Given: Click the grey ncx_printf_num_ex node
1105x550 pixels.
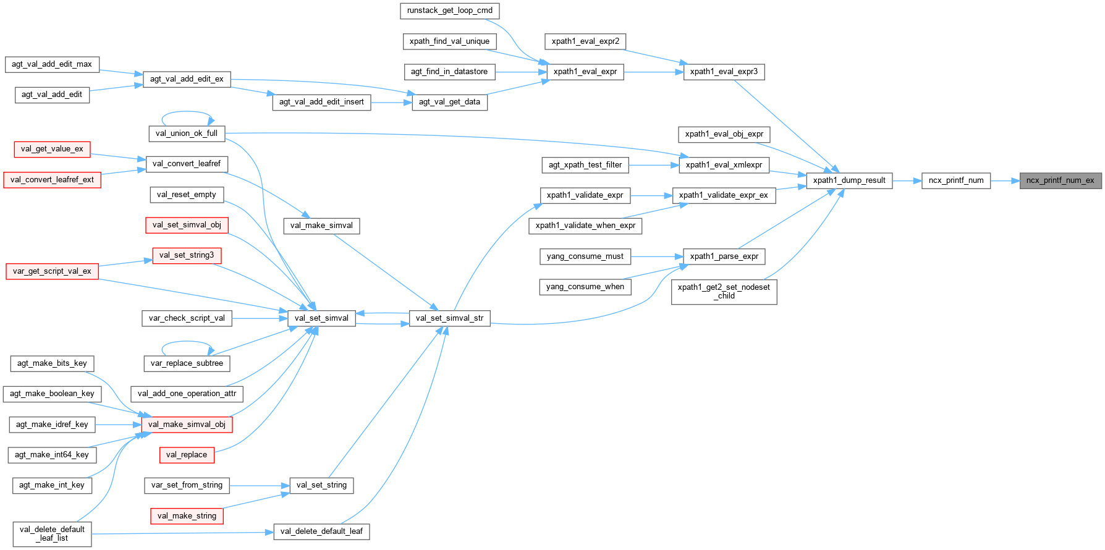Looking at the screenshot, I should (1060, 180).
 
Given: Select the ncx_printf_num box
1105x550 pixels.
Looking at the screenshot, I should (955, 180).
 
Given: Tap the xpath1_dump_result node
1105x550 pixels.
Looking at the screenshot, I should (849, 180).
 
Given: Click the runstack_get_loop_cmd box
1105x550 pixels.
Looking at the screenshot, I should (449, 11).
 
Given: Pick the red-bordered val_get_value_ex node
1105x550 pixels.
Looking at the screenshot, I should (52, 149).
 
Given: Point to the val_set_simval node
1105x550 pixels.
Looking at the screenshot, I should (321, 318).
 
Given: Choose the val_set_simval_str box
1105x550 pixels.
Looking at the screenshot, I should (449, 318).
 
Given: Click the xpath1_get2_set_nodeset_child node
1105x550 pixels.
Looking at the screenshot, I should (724, 292).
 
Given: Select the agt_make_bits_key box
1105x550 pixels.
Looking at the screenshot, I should (52, 363).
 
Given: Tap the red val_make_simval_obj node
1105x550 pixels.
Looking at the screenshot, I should (187, 425).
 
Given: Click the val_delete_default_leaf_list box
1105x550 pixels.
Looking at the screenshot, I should (52, 534).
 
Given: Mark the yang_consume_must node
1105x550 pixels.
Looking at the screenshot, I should (585, 256).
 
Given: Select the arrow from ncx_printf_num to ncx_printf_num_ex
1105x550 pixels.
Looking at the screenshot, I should (1005, 181).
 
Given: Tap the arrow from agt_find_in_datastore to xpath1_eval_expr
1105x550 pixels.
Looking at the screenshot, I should (520, 72).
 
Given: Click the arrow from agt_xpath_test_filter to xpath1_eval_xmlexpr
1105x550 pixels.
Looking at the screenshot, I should (654, 165).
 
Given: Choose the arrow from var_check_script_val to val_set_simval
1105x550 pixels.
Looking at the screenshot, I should (260, 318).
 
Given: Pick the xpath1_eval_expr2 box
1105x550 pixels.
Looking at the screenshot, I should (585, 41).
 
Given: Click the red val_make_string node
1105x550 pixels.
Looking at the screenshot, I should (187, 516).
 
